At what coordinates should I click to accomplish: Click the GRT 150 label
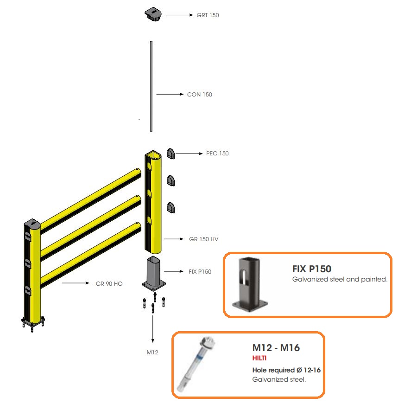(208, 15)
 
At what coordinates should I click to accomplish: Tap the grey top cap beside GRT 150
(153, 14)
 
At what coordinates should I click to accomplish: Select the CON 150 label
(200, 95)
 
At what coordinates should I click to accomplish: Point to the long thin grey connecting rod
(151, 86)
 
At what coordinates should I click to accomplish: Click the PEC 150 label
(217, 154)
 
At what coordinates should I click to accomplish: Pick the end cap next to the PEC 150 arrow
(171, 154)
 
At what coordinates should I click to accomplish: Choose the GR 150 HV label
(204, 239)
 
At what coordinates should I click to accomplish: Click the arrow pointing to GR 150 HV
(174, 239)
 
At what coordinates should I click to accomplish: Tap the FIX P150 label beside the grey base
(200, 272)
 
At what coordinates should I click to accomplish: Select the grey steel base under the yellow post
(154, 274)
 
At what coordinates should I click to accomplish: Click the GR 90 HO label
(109, 284)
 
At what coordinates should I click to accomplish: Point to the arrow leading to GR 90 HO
(76, 283)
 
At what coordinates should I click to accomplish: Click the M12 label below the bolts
(152, 352)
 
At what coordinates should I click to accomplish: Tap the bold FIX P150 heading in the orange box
(312, 269)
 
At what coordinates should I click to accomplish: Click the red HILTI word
(259, 358)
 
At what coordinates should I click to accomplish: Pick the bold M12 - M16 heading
(276, 348)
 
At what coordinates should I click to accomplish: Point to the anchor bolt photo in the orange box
(196, 364)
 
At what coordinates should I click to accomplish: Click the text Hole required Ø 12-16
(286, 370)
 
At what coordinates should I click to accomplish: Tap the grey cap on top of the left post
(32, 224)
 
